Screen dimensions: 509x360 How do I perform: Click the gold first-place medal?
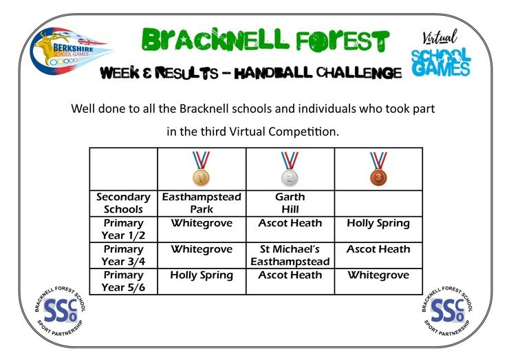tap(202, 169)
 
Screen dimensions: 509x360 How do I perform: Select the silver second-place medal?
tap(290, 169)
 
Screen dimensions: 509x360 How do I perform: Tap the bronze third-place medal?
tap(378, 169)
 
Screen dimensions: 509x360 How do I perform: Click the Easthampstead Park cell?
tap(202, 203)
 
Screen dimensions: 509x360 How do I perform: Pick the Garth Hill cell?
tap(290, 203)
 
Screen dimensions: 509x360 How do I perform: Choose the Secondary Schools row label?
tap(123, 203)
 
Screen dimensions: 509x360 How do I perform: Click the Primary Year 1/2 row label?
tap(123, 229)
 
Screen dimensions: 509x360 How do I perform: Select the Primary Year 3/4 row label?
tap(123, 255)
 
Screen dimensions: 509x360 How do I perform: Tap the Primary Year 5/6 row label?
tap(123, 281)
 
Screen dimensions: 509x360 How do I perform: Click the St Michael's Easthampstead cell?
tap(290, 255)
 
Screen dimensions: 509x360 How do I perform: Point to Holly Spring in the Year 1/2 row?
tap(378, 224)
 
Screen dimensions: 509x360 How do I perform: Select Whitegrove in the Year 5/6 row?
tap(378, 275)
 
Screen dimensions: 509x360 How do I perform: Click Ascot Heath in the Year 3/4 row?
tap(378, 249)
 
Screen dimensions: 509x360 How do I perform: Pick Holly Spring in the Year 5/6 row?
tap(202, 275)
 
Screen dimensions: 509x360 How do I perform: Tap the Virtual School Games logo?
tap(440, 53)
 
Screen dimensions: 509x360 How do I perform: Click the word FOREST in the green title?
tap(342, 41)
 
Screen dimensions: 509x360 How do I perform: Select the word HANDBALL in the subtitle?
tap(273, 72)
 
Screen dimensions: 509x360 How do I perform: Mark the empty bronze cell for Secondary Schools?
tap(378, 203)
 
